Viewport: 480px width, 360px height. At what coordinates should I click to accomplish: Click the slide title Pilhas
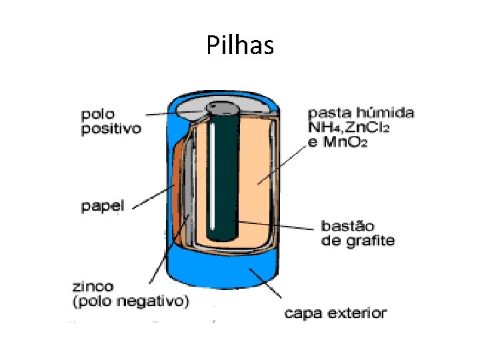240,45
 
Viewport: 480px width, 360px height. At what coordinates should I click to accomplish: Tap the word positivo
111,129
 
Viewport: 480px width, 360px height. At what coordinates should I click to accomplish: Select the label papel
102,207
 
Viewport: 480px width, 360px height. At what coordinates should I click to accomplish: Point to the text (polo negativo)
130,301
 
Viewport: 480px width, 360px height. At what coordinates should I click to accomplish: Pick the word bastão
347,225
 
